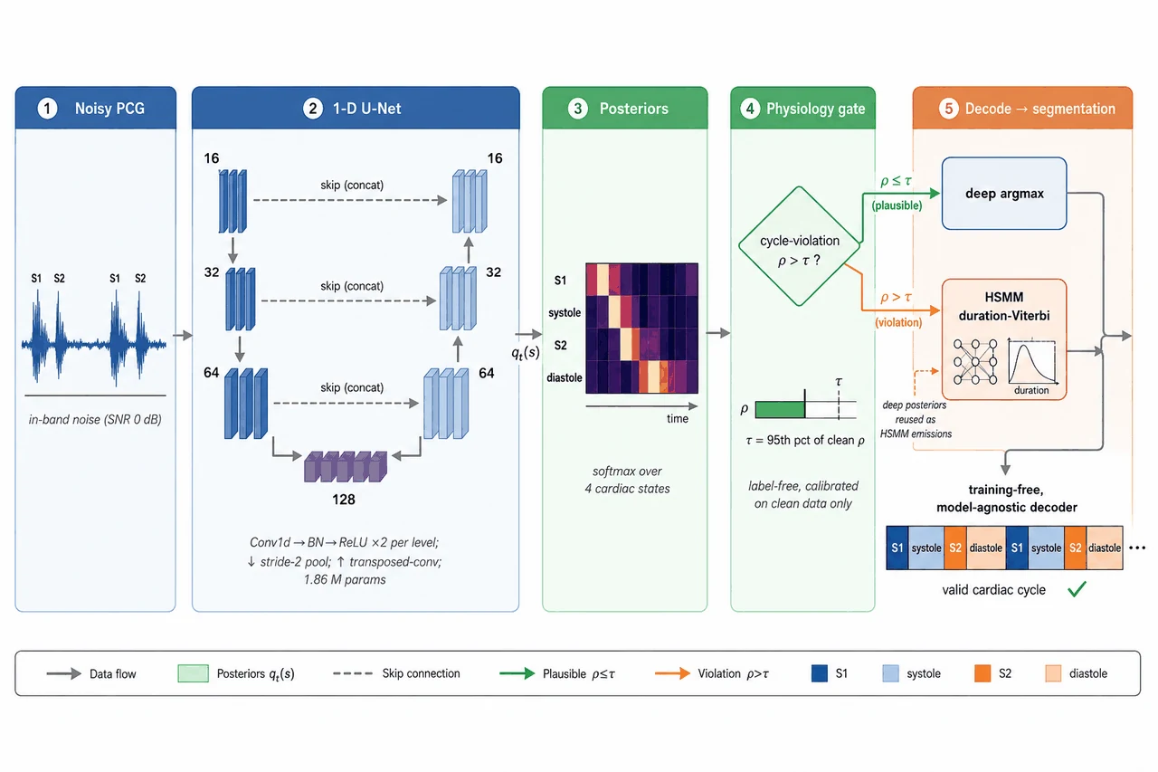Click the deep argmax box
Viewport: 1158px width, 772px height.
pos(1004,194)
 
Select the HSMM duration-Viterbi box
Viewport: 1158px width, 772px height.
pos(1004,339)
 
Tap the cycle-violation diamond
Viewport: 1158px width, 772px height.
pos(799,246)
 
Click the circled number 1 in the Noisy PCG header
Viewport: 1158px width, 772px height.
pos(47,109)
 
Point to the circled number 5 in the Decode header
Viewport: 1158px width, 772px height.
pos(948,109)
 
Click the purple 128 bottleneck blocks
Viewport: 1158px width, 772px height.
pos(346,467)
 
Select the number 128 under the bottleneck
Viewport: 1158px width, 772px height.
pos(343,500)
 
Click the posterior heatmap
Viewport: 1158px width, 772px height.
pos(641,329)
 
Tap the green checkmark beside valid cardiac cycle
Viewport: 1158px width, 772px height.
pos(1077,589)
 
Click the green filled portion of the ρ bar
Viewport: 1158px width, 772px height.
pos(780,409)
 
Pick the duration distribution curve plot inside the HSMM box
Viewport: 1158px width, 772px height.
pos(1032,363)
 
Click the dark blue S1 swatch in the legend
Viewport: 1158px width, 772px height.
pos(820,673)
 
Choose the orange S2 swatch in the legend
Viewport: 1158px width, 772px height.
pos(982,673)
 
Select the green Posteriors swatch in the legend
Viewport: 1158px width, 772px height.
pos(193,673)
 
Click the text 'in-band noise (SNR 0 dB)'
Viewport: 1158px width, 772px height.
pos(95,419)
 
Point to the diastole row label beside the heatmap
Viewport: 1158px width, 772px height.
pos(564,378)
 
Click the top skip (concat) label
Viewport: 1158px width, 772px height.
pos(352,186)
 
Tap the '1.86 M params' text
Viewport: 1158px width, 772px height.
pos(345,579)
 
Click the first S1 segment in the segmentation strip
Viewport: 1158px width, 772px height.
pos(897,548)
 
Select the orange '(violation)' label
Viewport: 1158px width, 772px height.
pos(898,323)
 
